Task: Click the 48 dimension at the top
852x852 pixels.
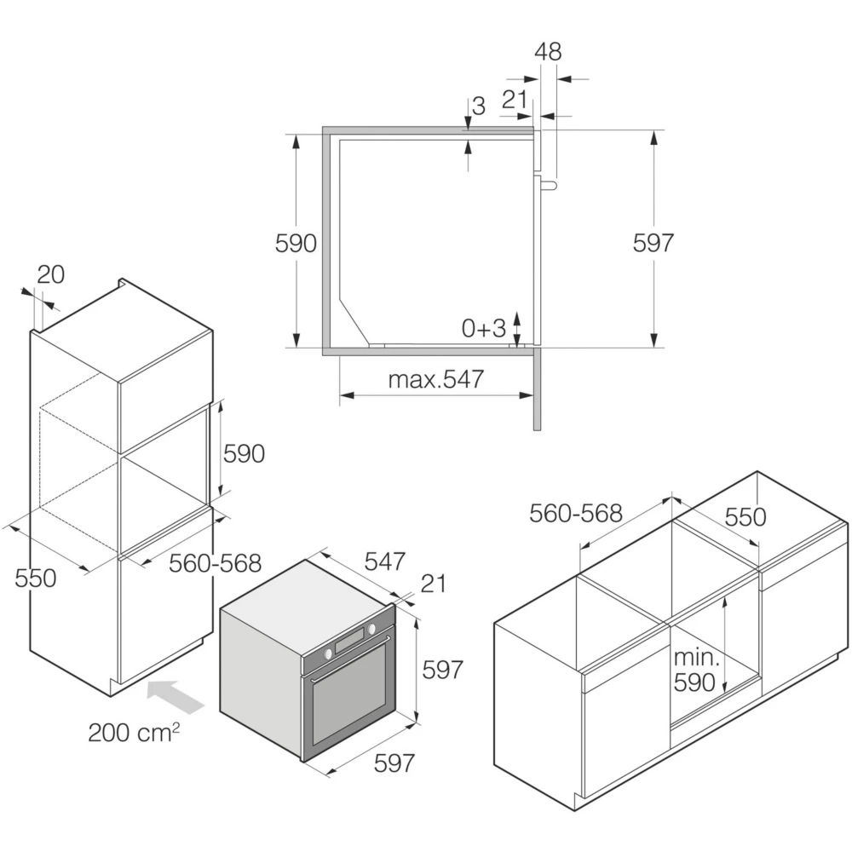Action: [548, 52]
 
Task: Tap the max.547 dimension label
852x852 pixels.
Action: [435, 379]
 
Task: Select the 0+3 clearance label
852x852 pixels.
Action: [484, 328]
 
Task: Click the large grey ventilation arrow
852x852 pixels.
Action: [176, 696]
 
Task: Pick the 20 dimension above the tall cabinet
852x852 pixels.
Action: [50, 274]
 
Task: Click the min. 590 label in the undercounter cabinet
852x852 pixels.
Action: [696, 670]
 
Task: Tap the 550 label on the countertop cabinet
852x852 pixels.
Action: [745, 517]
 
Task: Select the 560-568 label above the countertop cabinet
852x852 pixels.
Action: [575, 513]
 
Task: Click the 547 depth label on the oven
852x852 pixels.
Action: [385, 561]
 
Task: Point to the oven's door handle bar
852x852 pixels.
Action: [350, 659]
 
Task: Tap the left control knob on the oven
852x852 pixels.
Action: [328, 653]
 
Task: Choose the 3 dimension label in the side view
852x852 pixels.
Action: [478, 106]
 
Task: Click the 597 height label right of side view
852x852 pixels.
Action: [653, 242]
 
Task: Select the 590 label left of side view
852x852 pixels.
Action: [296, 243]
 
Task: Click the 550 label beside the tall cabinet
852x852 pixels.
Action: [35, 578]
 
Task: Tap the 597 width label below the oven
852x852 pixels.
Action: [394, 763]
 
